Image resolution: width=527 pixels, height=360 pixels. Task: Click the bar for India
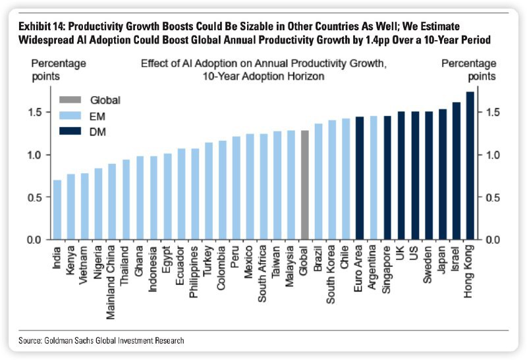[57, 210]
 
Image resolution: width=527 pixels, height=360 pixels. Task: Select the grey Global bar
[304, 185]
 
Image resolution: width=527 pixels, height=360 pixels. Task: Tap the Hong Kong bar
[470, 165]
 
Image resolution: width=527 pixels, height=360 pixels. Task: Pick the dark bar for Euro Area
[360, 178]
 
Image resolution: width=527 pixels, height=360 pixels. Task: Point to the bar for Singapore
[387, 178]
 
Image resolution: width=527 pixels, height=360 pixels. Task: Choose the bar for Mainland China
[112, 201]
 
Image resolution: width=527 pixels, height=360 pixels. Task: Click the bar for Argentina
[374, 178]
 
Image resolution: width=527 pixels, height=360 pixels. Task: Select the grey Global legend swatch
[69, 100]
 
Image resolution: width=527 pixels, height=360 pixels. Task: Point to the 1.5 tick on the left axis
[35, 112]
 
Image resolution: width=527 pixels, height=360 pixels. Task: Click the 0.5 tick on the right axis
[492, 197]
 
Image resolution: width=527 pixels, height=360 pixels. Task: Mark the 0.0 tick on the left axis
[35, 240]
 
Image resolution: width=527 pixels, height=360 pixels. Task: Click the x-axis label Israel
[457, 261]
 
